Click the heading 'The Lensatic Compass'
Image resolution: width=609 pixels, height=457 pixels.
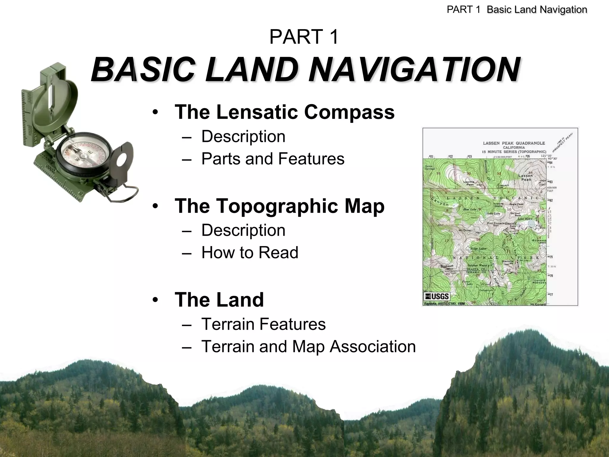(x=285, y=112)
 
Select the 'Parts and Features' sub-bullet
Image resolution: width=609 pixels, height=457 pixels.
(x=273, y=159)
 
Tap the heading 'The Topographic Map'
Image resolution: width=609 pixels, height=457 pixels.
(x=279, y=206)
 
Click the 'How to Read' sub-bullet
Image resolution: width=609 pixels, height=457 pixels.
(x=249, y=253)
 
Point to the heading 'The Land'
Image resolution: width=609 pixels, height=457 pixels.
(x=219, y=300)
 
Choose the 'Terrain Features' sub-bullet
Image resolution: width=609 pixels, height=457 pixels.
(x=263, y=324)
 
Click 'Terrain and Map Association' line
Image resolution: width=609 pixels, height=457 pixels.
(x=308, y=347)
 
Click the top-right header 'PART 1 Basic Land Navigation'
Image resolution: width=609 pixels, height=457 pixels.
(x=517, y=10)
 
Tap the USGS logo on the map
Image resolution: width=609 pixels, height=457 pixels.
(x=437, y=296)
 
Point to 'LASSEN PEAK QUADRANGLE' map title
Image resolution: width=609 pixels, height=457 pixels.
(x=514, y=143)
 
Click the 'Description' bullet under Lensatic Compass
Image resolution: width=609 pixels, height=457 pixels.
(x=243, y=137)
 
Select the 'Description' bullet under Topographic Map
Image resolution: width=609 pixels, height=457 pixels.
(x=243, y=230)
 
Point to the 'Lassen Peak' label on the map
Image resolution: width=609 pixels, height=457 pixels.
(x=525, y=178)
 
